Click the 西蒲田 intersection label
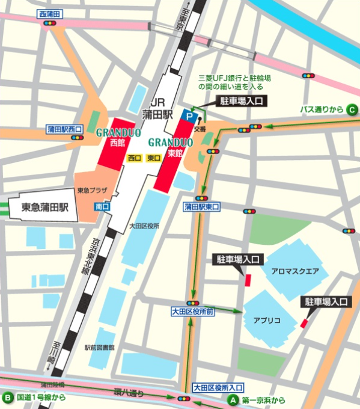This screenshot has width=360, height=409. (51, 13)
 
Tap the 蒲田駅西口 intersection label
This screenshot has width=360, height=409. (66, 129)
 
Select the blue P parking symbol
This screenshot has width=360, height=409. (190, 114)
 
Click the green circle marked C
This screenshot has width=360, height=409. (353, 109)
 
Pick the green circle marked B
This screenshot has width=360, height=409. (8, 398)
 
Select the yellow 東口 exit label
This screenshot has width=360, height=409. (153, 158)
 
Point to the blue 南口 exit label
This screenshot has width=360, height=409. (102, 206)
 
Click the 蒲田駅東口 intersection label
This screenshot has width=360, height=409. (201, 206)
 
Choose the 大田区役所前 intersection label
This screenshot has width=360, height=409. (192, 312)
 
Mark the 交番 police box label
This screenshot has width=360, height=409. (200, 128)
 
